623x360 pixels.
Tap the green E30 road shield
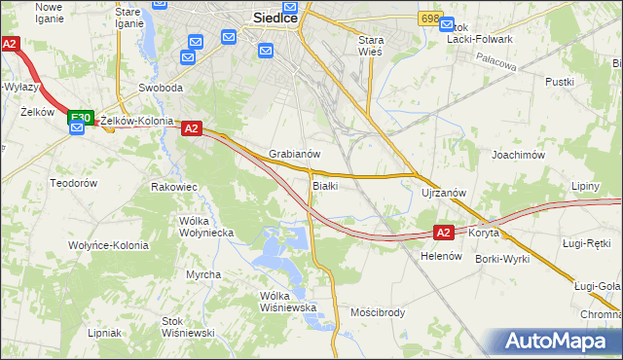pos(81,118)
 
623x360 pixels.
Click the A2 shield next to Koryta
pos(443,233)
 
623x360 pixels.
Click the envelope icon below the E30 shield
pos(77,127)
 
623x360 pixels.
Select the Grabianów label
pos(295,154)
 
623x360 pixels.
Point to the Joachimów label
pos(517,154)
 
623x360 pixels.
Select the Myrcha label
pos(203,274)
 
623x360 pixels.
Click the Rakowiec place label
pos(174,186)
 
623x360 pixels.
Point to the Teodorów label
pos(75,183)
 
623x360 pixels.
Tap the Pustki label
pos(560,82)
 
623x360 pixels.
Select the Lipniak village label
pos(104,332)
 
